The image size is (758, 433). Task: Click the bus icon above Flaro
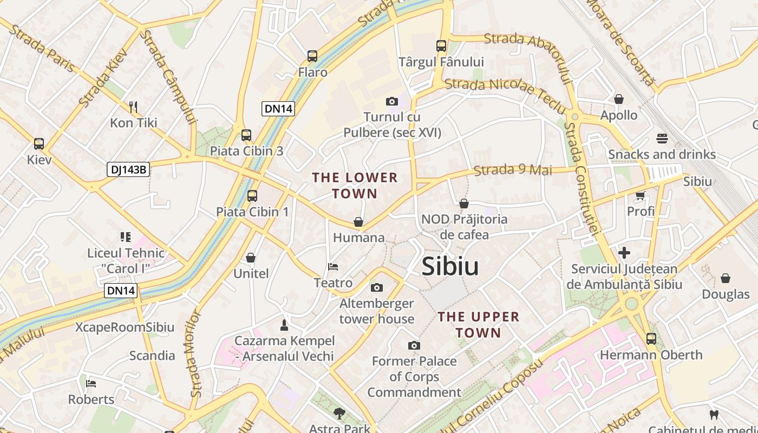pos(312,56)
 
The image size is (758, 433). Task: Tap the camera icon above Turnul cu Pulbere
pos(392,101)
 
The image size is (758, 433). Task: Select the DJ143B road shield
pos(128,169)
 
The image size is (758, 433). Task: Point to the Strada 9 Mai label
pos(513,170)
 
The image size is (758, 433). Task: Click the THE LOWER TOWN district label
pos(355,185)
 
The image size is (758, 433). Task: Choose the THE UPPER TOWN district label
pos(478,325)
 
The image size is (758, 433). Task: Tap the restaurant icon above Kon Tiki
pos(133,107)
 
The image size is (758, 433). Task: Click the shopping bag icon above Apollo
pos(619,99)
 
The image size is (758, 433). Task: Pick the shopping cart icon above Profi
pos(641,195)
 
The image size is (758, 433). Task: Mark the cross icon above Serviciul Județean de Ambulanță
pos(624,253)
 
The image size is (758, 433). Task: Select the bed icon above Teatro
pos(333,267)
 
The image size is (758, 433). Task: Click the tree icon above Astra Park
pos(339,414)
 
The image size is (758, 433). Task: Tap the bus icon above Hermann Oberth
pos(651,339)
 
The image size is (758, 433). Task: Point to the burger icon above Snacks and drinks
pos(662,139)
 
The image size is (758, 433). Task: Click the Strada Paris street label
pos(42,48)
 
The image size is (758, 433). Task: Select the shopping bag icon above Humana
pos(358,222)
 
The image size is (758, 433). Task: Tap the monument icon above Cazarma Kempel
pos(284,325)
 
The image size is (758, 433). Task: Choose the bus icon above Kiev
pos(39,144)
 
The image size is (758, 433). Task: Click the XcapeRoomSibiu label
pos(125,327)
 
